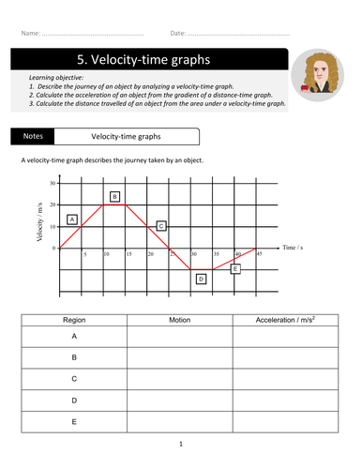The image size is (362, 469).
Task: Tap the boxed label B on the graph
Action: (x=114, y=197)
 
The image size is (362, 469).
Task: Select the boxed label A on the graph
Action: (x=72, y=219)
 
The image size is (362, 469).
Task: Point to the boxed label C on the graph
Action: (x=161, y=226)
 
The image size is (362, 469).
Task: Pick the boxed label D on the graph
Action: (x=201, y=279)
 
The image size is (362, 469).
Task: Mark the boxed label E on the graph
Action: (x=235, y=269)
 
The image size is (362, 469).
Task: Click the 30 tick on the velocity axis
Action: (x=53, y=183)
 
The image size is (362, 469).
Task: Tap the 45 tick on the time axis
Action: (x=258, y=254)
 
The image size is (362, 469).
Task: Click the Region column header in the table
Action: (x=73, y=320)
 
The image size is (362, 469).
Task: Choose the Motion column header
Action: (x=180, y=320)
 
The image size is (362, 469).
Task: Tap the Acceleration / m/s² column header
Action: (x=285, y=320)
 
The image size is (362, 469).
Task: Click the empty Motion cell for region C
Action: (x=180, y=378)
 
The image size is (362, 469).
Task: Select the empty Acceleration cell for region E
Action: (x=285, y=421)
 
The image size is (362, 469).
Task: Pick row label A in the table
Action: (x=73, y=335)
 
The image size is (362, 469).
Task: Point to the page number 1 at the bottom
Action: (x=180, y=444)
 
